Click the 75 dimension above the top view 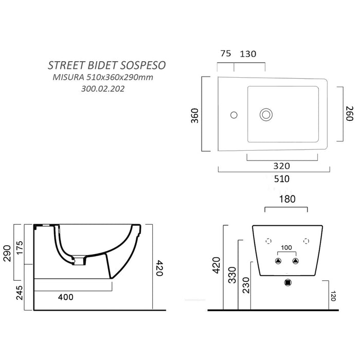click(x=224, y=53)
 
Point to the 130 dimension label click(x=248, y=53)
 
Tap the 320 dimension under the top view click(x=282, y=166)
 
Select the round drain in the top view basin click(x=266, y=114)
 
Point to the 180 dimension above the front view click(x=285, y=199)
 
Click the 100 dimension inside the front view click(x=286, y=248)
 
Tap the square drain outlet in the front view click(x=287, y=282)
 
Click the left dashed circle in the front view click(x=267, y=241)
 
